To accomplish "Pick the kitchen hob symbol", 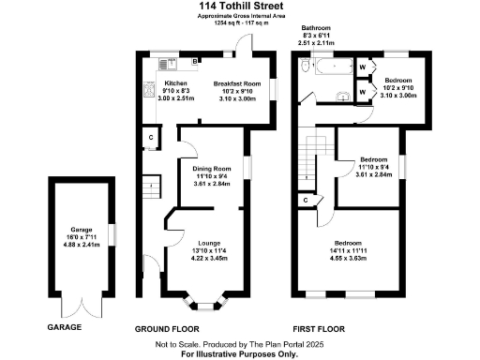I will tap(148, 91).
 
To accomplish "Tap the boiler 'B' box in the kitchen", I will tap(194, 62).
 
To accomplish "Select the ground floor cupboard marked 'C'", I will tap(152, 139).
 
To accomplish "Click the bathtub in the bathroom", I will tap(329, 67).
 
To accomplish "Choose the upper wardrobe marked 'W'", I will tap(363, 67).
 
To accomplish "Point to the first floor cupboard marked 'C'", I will tap(306, 201).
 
